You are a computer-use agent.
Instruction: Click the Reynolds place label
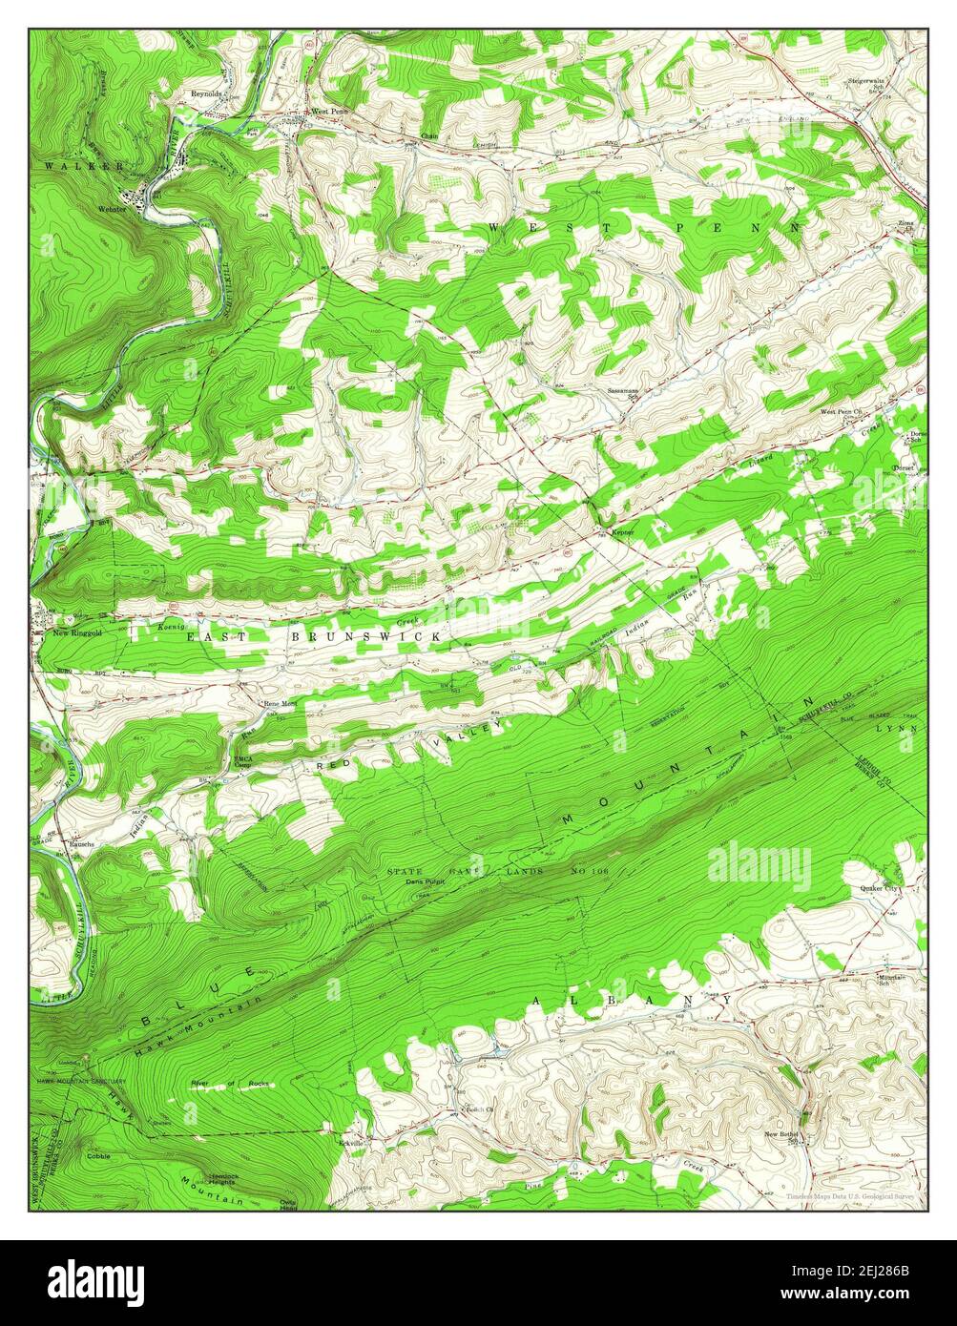(x=205, y=94)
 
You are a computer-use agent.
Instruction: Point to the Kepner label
(x=623, y=531)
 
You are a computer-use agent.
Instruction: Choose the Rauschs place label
(x=80, y=844)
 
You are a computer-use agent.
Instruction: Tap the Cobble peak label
(x=99, y=1155)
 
